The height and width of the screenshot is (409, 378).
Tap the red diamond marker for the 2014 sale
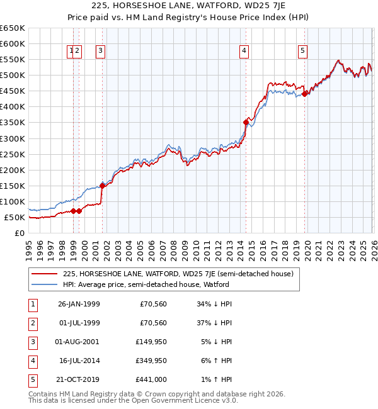click(246, 122)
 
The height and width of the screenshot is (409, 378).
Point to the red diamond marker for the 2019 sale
click(305, 94)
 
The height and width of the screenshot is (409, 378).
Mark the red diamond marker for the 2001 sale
click(102, 186)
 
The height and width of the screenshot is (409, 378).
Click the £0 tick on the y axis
click(20, 233)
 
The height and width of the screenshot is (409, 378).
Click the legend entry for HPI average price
click(146, 284)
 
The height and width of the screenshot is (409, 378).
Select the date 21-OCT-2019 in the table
click(79, 379)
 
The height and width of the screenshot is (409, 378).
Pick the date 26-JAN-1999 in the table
click(79, 304)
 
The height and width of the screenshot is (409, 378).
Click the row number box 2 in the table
click(31, 323)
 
